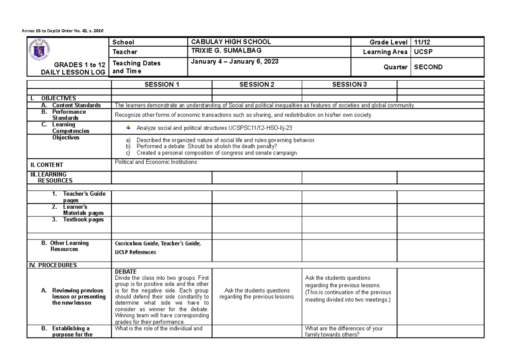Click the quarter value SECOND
(428, 67)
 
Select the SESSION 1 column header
(162, 84)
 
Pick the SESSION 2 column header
(257, 84)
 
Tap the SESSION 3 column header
(349, 84)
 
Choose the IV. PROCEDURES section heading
(53, 265)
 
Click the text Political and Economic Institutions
(156, 162)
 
